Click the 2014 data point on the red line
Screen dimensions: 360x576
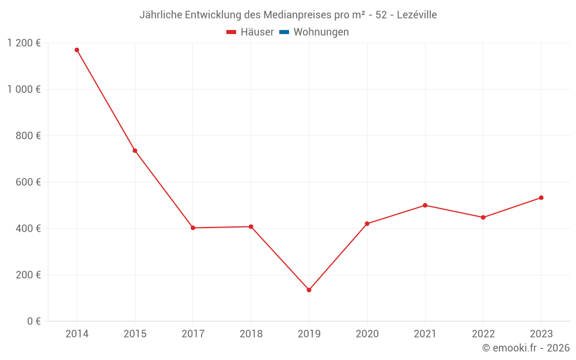click(77, 50)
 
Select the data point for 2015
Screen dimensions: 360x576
click(135, 151)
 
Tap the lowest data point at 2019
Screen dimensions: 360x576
click(309, 290)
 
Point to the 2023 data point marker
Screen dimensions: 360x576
click(541, 198)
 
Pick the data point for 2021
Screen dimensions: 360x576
click(425, 205)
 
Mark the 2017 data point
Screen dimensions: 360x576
click(193, 228)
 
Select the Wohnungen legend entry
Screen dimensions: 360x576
click(321, 32)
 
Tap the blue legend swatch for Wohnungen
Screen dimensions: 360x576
click(284, 32)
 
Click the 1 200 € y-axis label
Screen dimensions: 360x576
click(24, 43)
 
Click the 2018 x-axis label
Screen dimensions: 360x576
click(251, 334)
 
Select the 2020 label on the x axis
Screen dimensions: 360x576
click(367, 334)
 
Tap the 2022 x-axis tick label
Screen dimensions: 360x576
click(483, 334)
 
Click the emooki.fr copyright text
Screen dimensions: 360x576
click(526, 348)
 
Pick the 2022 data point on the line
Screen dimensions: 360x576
click(483, 217)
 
